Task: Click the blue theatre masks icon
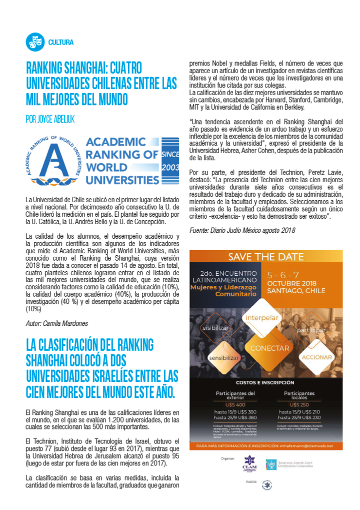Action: point(34,42)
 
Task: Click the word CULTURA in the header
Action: point(61,42)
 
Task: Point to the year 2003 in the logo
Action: point(170,167)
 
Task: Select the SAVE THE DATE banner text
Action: point(266,257)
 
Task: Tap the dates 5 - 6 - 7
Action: point(283,275)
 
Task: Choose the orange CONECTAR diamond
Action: point(270,348)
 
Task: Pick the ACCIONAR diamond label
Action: point(317,357)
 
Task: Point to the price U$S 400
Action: point(235,404)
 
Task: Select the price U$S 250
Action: point(299,404)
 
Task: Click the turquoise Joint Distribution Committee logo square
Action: point(270,464)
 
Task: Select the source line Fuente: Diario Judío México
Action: point(242,230)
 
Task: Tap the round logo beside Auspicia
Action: point(268,485)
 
